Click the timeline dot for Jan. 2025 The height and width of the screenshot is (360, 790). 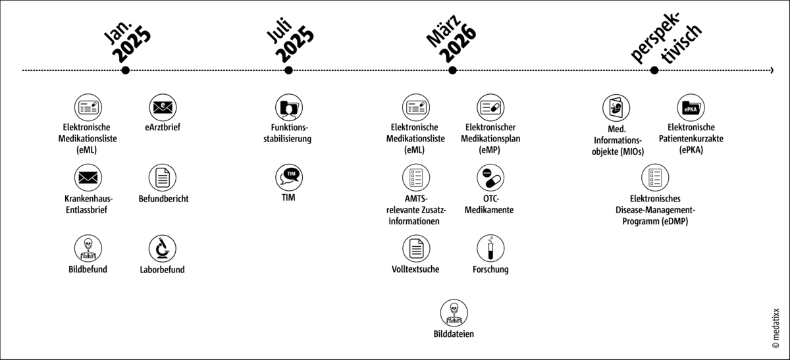coord(125,70)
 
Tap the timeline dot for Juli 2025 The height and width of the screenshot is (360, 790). coord(288,70)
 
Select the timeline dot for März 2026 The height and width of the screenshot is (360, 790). coord(452,70)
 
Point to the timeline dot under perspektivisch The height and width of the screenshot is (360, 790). coord(654,70)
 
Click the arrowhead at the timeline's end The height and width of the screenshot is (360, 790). coord(771,70)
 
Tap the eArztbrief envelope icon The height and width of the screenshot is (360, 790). coord(163,107)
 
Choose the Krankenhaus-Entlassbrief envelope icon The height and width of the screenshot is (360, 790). coord(88,177)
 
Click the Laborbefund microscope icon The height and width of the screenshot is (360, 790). coord(163,248)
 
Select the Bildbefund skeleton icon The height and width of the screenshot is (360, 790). coord(88,248)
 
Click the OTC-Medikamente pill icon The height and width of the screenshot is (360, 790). coord(490,177)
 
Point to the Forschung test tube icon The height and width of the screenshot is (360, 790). coord(490,248)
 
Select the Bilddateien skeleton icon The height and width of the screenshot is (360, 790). coord(454,313)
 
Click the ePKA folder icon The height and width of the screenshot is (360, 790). coord(691,107)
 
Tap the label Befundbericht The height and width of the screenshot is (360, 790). coord(163,199)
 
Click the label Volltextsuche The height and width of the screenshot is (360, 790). coord(415,269)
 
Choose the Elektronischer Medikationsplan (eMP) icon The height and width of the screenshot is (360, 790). coord(490,107)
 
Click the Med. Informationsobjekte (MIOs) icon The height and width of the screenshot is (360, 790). coord(616,107)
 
